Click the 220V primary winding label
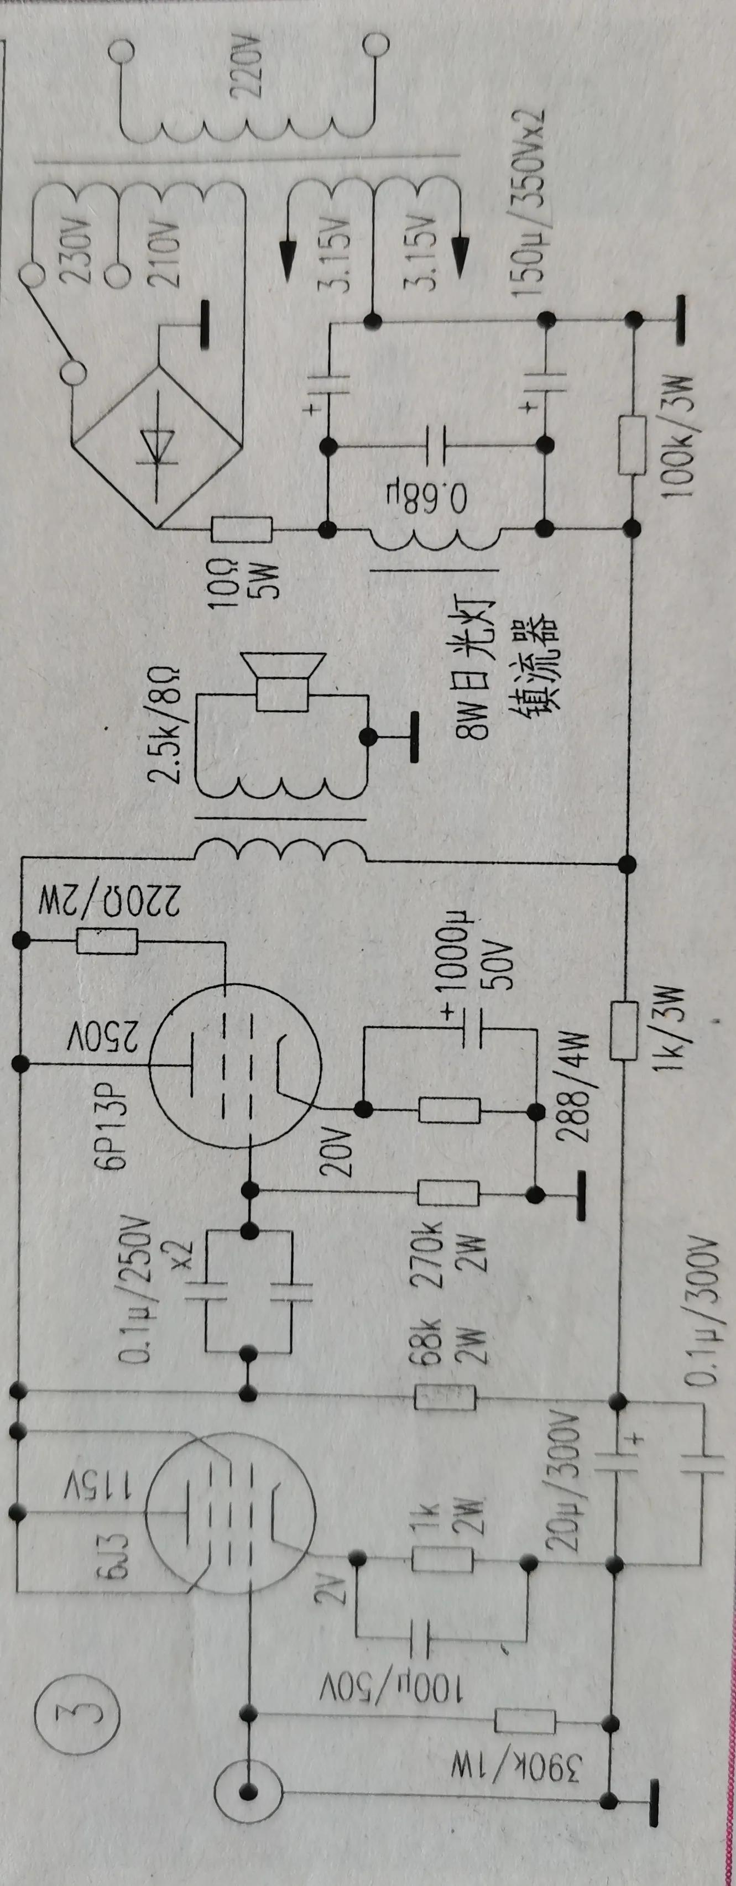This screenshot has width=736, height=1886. coord(246,68)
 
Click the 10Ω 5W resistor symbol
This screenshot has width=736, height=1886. coord(242,529)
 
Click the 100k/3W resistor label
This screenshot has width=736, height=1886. coord(681,438)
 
